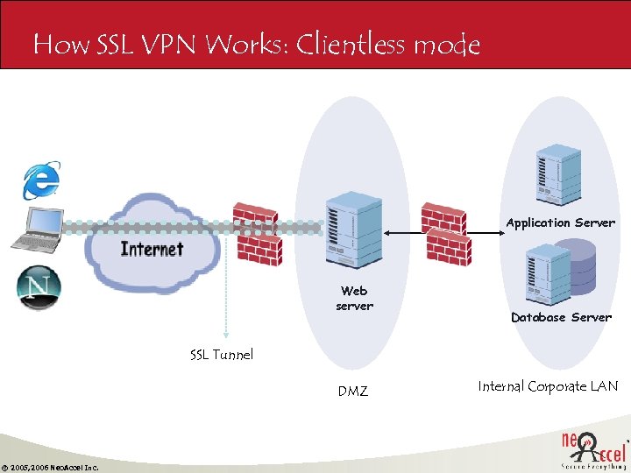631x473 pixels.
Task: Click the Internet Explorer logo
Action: pos(41,179)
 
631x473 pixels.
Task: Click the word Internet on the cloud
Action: pos(152,249)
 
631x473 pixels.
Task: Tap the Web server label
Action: pos(354,299)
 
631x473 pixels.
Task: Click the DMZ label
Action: pos(353,392)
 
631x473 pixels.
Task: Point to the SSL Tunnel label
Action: pos(222,355)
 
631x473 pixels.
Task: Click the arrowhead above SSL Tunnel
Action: pos(225,333)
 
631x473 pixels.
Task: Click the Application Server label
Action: pos(560,223)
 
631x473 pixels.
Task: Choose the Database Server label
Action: pos(561,317)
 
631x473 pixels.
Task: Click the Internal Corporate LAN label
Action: pos(548,386)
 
